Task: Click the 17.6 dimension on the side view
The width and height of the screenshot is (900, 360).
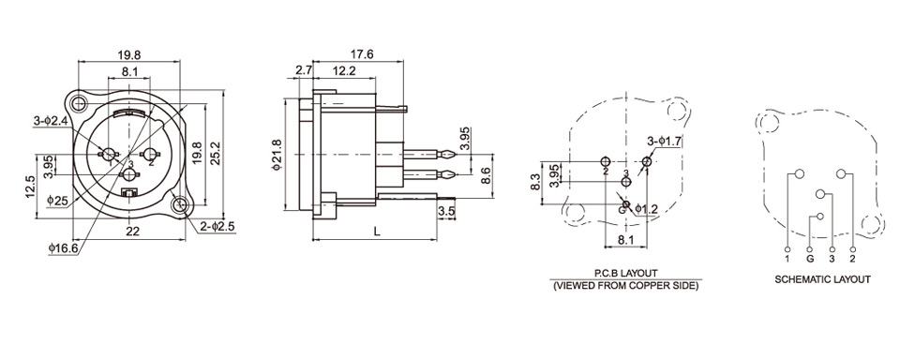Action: pyautogui.click(x=362, y=54)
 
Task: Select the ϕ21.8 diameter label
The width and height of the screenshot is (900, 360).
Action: pyautogui.click(x=277, y=155)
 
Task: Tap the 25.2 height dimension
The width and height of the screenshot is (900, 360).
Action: pyautogui.click(x=216, y=154)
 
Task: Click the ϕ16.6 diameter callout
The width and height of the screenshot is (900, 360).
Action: pyautogui.click(x=65, y=248)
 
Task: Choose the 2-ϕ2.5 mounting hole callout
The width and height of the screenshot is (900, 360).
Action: pyautogui.click(x=217, y=226)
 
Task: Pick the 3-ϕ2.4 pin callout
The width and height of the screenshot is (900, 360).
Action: pyautogui.click(x=51, y=121)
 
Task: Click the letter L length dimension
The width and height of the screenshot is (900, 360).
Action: pyautogui.click(x=377, y=232)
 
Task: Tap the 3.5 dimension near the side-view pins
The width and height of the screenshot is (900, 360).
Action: pyautogui.click(x=446, y=211)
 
